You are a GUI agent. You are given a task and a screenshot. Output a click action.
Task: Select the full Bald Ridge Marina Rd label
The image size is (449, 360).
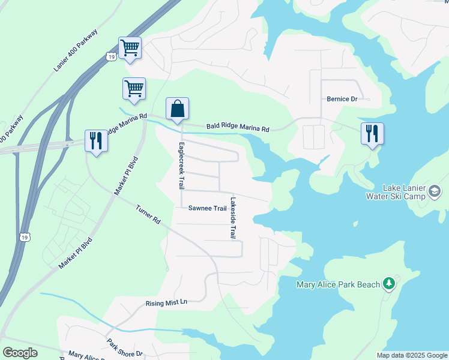[x=238, y=127]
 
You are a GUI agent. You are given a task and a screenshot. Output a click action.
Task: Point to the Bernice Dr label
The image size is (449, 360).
[x=342, y=99]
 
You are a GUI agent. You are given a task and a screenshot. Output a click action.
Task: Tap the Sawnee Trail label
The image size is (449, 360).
[x=207, y=209]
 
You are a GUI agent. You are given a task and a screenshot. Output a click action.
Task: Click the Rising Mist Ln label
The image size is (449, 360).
[x=167, y=303]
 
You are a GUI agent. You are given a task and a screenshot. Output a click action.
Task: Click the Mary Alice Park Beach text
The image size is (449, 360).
[x=338, y=284]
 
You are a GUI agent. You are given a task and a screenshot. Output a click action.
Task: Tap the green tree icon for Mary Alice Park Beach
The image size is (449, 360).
[x=389, y=283]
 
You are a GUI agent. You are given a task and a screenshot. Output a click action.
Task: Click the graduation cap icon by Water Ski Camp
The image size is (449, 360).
[x=435, y=192]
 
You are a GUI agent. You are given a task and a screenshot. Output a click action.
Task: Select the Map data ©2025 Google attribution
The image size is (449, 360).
[x=412, y=355]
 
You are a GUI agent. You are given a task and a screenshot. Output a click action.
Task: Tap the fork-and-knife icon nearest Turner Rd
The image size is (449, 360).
[x=96, y=140]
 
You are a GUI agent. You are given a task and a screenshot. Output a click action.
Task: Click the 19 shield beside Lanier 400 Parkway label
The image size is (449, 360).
[x=110, y=56]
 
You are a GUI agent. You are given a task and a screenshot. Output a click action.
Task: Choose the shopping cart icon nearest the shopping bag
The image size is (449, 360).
[x=133, y=89]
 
